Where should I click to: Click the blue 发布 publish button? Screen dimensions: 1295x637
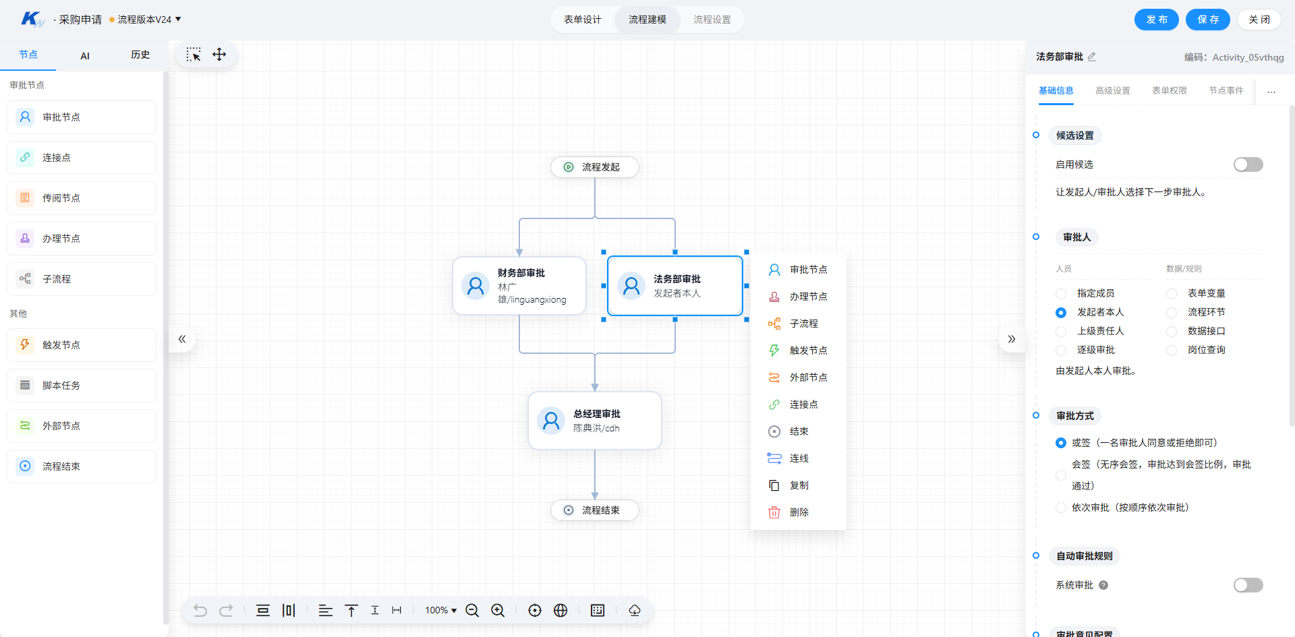[x=1156, y=20]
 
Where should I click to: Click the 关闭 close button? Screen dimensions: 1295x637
[x=1259, y=20]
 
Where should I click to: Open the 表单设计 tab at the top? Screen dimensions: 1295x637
[x=583, y=20]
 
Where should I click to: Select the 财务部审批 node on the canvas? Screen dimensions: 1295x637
[x=519, y=286]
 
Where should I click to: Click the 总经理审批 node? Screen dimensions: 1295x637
[x=595, y=421]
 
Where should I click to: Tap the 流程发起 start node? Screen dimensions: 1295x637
[x=595, y=167]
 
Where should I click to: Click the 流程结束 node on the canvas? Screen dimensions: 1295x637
[x=595, y=510]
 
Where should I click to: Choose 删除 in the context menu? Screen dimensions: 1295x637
[x=799, y=512]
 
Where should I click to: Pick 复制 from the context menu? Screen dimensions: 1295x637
[x=799, y=485]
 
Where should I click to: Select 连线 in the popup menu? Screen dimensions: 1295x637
[x=799, y=458]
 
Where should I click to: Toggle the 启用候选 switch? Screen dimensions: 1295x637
[x=1248, y=164]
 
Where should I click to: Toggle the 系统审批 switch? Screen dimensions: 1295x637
[x=1248, y=585]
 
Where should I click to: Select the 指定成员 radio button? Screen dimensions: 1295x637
[x=1061, y=294]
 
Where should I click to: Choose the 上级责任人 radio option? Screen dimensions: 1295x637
[x=1061, y=332]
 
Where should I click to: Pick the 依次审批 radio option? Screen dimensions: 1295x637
[x=1061, y=508]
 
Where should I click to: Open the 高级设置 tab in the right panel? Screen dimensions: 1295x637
[x=1113, y=90]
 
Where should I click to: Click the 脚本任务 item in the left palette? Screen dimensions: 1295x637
[x=82, y=386]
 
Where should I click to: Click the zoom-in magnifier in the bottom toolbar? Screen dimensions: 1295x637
[x=498, y=610]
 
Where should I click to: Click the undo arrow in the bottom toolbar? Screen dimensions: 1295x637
[x=200, y=610]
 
